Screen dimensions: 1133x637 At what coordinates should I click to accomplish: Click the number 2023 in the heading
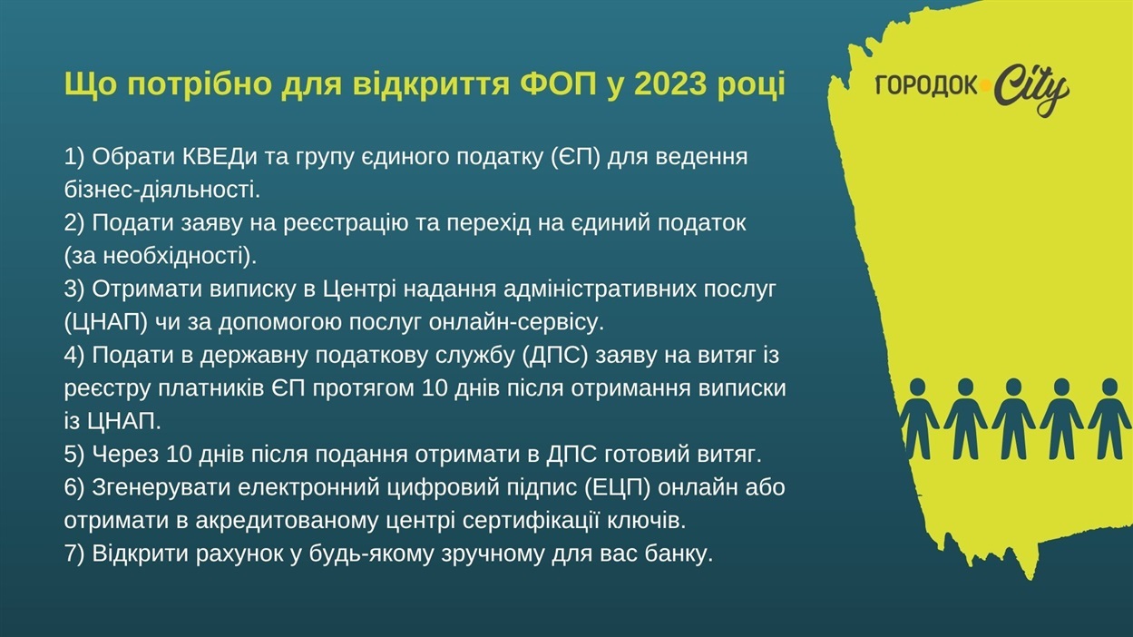pyautogui.click(x=669, y=83)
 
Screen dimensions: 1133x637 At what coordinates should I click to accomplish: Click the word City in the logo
pyautogui.click(x=1030, y=90)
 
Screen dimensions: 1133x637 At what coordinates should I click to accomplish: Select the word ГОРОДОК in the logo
pyautogui.click(x=926, y=86)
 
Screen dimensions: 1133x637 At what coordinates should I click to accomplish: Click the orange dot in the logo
pyautogui.click(x=985, y=86)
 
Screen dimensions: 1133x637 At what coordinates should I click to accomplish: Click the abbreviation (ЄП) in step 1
pyautogui.click(x=576, y=157)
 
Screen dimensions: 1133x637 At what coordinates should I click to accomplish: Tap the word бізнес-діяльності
pyautogui.click(x=162, y=191)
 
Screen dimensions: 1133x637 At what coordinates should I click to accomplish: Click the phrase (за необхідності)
pyautogui.click(x=161, y=257)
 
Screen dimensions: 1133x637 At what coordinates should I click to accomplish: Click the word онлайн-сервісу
pyautogui.click(x=517, y=323)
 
